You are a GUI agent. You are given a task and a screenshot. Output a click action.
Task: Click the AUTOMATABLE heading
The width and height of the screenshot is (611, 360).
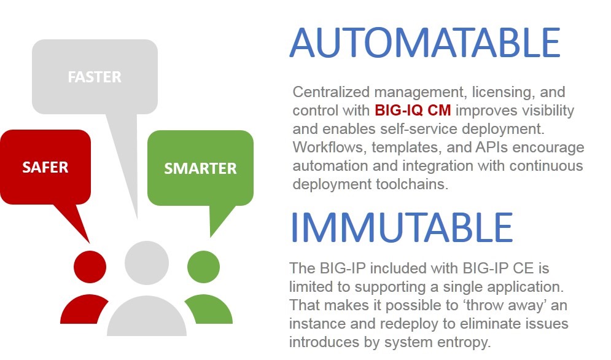tap(425, 42)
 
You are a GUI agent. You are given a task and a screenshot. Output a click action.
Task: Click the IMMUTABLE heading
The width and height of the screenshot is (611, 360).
tap(402, 227)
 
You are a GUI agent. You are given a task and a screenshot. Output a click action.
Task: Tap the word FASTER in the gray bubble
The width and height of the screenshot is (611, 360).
tap(95, 77)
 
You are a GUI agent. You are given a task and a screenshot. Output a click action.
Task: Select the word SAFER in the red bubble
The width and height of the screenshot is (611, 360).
tap(45, 167)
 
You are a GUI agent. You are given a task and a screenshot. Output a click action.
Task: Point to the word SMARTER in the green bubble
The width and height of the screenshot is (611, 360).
tap(200, 168)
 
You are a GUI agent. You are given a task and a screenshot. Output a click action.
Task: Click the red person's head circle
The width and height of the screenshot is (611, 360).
tap(90, 267)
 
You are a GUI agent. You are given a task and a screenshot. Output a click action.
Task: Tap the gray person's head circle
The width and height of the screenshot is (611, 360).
tap(147, 263)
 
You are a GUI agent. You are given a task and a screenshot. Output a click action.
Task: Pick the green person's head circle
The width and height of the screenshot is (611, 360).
tap(203, 267)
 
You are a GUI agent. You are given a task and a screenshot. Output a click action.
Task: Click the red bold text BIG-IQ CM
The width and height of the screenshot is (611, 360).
tap(413, 111)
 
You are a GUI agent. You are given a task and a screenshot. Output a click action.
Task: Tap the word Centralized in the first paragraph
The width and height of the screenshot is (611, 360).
tap(331, 92)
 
